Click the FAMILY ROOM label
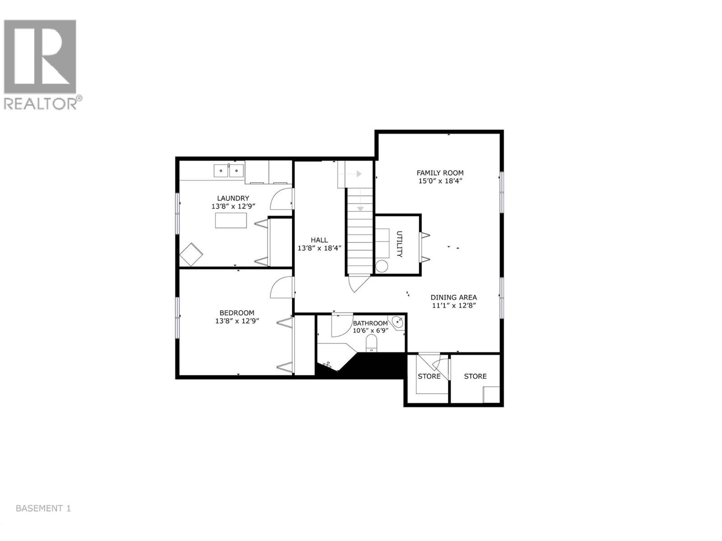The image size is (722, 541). [440, 173]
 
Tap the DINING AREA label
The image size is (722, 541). [454, 298]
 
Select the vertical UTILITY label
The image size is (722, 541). [399, 244]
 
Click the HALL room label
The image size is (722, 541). [319, 240]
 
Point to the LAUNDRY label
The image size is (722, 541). [233, 198]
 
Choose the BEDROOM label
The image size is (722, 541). [236, 313]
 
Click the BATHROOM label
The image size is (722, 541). [370, 323]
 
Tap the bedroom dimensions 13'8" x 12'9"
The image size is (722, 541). [236, 321]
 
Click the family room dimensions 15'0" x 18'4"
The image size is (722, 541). [440, 181]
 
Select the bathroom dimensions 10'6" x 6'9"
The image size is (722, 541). [370, 330]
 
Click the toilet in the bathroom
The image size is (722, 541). [371, 343]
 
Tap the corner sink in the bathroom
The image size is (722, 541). [398, 322]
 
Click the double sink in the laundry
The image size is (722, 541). [229, 170]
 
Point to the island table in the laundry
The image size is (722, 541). [231, 220]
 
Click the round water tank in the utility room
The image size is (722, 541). [382, 266]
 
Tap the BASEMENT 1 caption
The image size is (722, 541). [43, 509]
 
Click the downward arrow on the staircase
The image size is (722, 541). [361, 208]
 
